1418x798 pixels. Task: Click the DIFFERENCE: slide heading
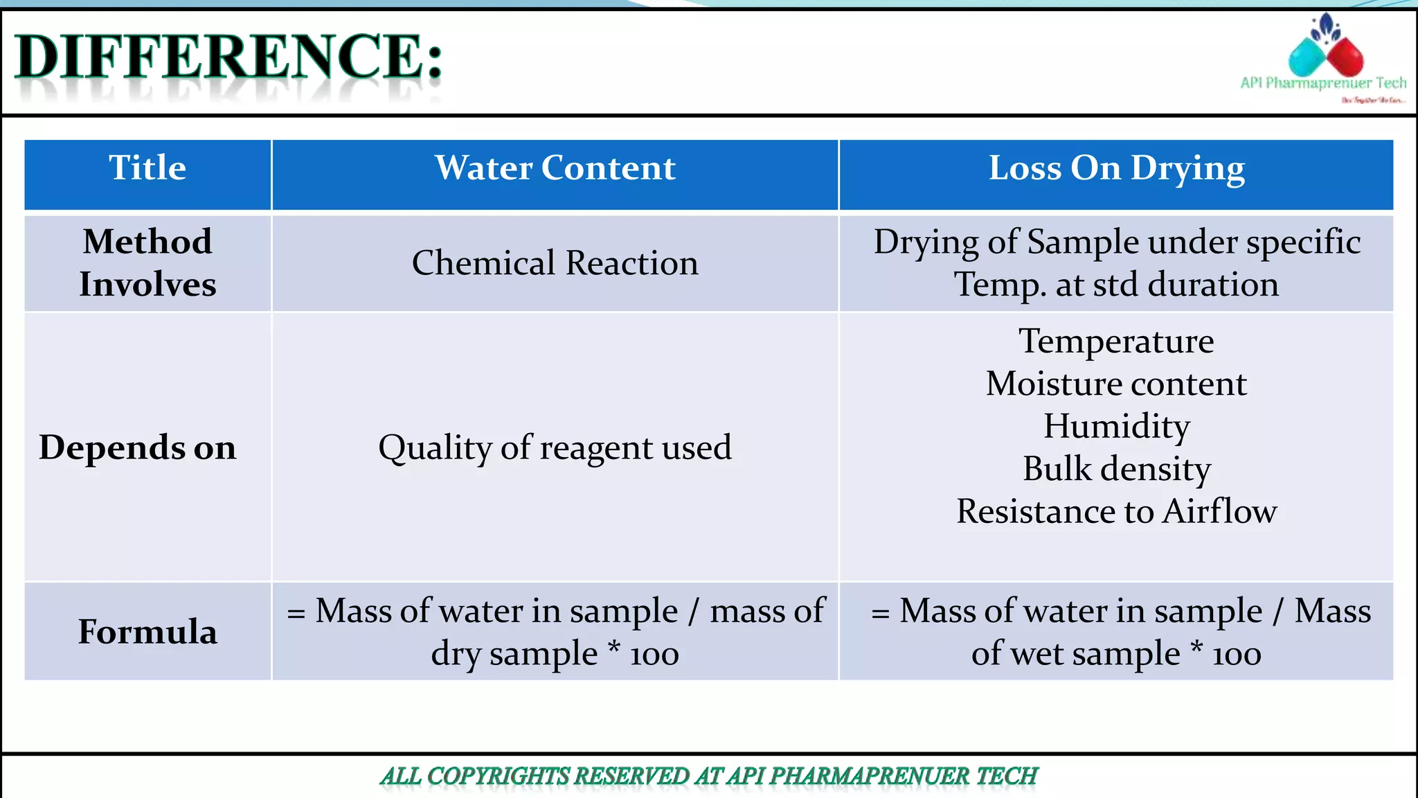coord(228,57)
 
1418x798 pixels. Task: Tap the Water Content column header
coord(555,168)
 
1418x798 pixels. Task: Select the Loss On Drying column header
coord(1116,168)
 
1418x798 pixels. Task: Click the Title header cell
coord(147,168)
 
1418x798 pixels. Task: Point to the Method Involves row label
coord(147,263)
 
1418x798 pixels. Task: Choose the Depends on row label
coord(138,447)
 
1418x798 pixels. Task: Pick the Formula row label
coord(147,632)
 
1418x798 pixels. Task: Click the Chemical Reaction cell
coord(555,263)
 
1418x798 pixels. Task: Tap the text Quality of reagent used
coord(555,447)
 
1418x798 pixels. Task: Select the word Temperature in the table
coord(1116,342)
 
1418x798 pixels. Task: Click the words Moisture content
coord(1116,384)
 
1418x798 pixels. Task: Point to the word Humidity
coord(1116,426)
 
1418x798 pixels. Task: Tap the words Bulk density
coord(1116,469)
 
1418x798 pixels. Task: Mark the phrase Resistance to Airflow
coord(1116,511)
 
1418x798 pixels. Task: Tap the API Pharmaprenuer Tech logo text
coord(1322,83)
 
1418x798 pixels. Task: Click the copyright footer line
coord(708,777)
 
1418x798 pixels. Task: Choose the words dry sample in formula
coord(514,654)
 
